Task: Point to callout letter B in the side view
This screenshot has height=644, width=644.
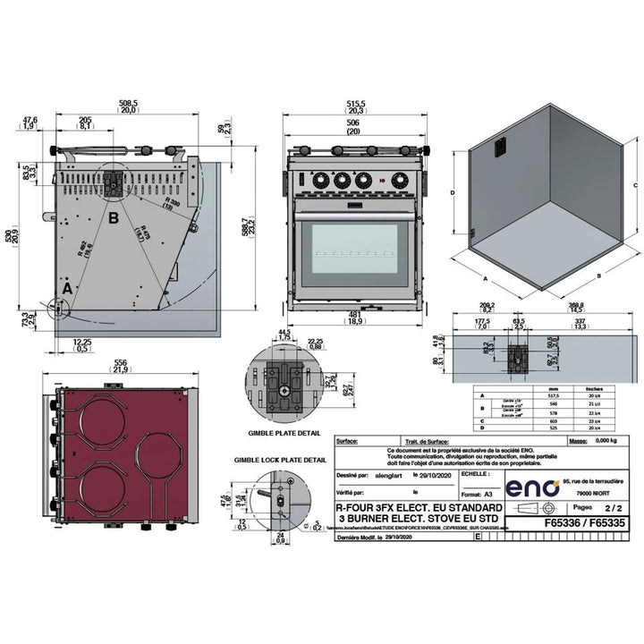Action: (113, 216)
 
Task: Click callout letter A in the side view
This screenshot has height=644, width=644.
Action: (66, 288)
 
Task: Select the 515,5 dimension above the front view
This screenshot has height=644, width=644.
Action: (356, 104)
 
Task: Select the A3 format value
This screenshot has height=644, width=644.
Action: (488, 493)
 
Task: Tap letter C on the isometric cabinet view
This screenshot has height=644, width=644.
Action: (634, 184)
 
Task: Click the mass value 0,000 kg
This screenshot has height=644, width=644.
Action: (604, 442)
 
